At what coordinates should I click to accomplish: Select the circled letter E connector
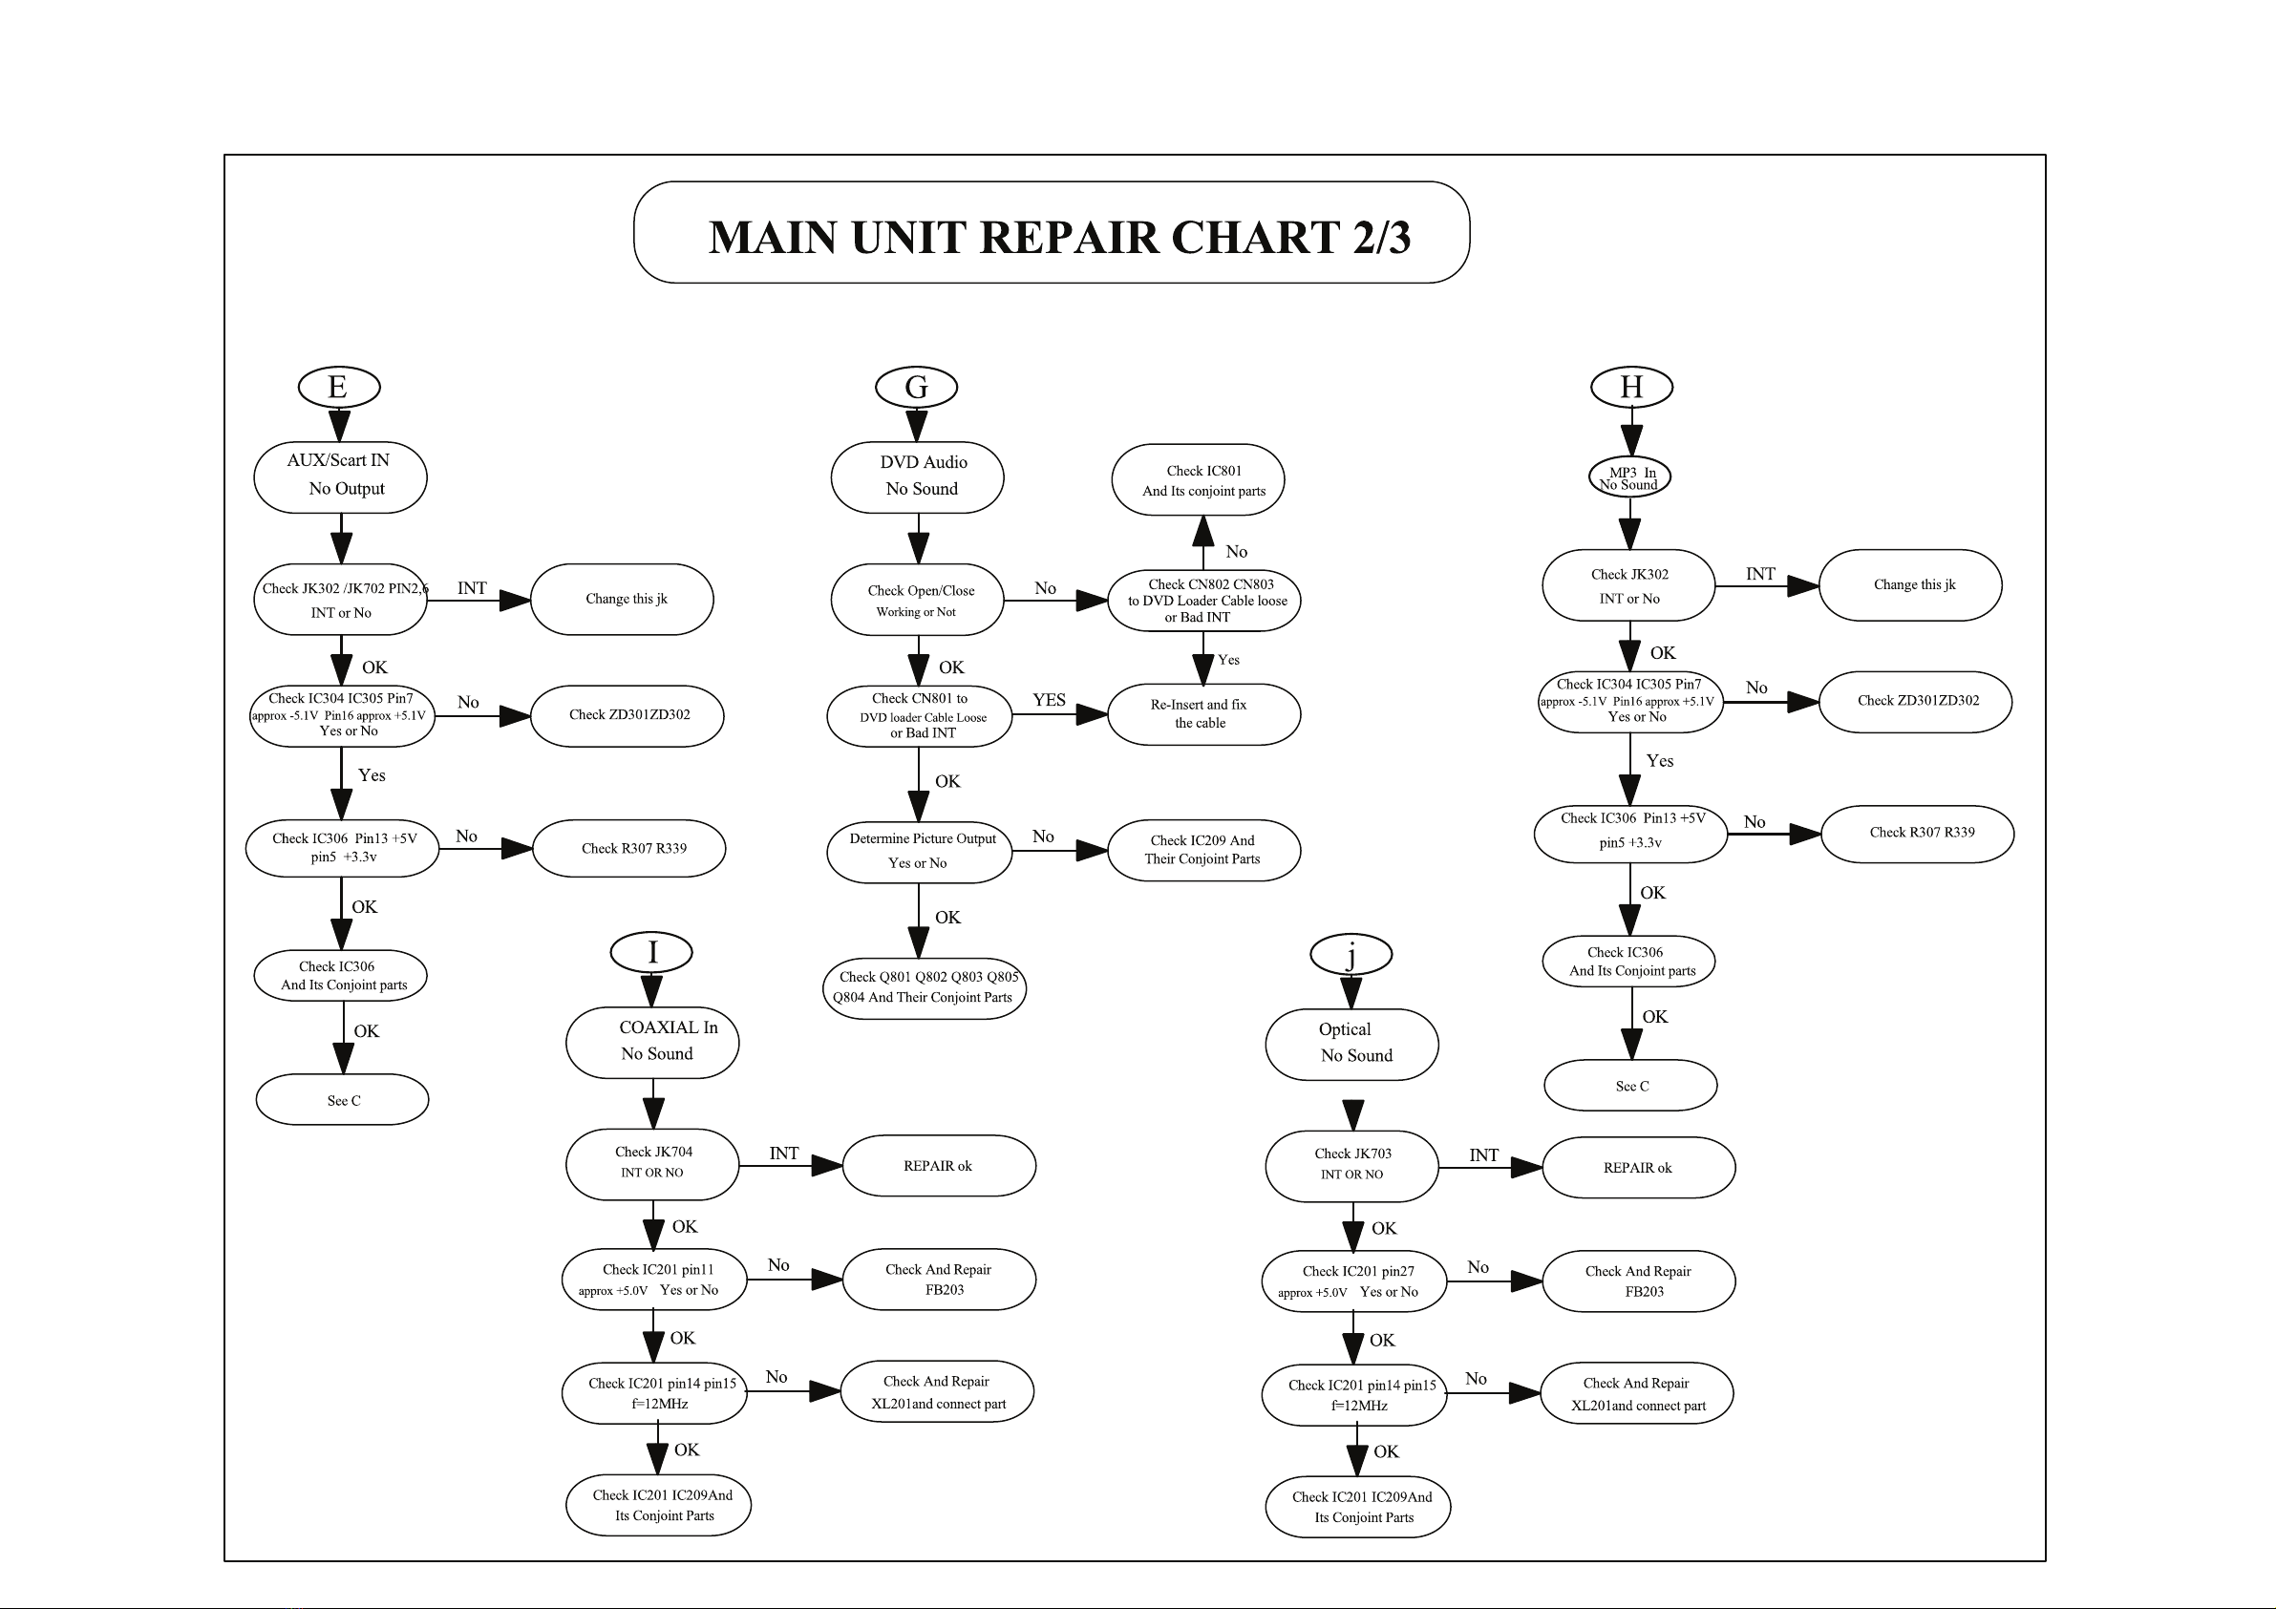[339, 387]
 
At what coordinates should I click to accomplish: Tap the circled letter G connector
[917, 387]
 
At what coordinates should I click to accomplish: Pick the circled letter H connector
[1631, 387]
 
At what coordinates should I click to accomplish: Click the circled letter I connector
[651, 953]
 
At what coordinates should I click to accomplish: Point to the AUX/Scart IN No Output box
[340, 476]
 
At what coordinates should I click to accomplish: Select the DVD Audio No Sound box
[917, 476]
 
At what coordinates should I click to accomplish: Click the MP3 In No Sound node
[1629, 476]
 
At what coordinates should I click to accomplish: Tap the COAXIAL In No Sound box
[652, 1042]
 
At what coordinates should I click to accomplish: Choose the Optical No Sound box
[1352, 1044]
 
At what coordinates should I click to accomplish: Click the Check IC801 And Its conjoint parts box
[1199, 479]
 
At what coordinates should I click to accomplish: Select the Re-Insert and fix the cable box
[1203, 714]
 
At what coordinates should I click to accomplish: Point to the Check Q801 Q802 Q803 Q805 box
[924, 987]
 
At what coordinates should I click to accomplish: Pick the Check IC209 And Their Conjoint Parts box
[1203, 850]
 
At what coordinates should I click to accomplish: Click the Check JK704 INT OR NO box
[652, 1164]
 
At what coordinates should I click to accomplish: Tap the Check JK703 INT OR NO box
[1352, 1166]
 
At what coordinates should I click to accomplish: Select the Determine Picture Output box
[920, 852]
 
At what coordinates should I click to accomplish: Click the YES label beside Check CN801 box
[1049, 700]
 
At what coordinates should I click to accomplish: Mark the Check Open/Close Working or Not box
[918, 600]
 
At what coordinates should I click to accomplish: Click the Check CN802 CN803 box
[1203, 600]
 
